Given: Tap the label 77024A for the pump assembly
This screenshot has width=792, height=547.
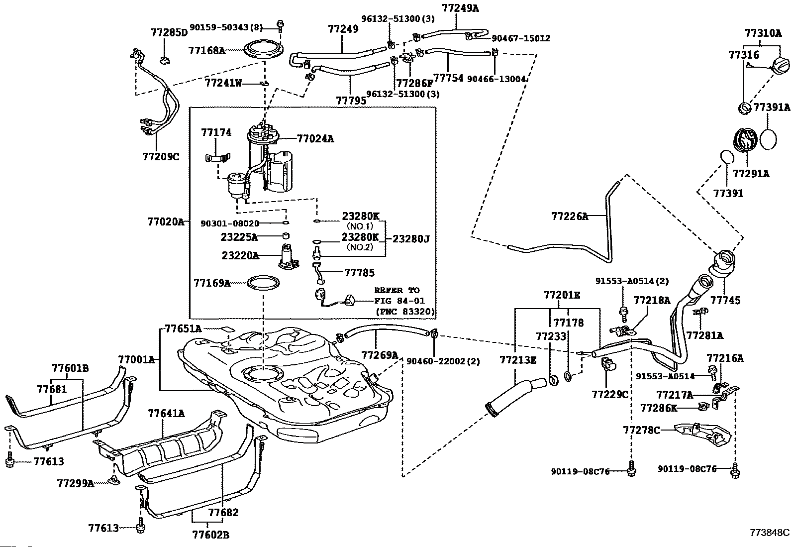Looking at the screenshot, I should click(x=315, y=139).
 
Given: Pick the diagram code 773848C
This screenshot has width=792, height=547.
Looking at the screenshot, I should click(x=770, y=532).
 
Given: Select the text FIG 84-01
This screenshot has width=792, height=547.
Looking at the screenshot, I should click(x=397, y=301).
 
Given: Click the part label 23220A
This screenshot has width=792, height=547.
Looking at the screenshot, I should click(x=240, y=256).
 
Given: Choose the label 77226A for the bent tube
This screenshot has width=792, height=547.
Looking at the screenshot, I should click(x=570, y=216).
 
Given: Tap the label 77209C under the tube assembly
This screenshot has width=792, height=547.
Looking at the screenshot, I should click(x=160, y=157).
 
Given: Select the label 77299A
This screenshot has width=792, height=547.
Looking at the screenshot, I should click(x=75, y=483).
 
